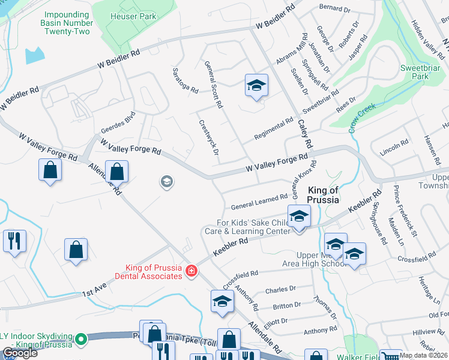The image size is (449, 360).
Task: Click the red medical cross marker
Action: pyautogui.click(x=191, y=272)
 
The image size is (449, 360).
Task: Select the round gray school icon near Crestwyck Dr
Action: pyautogui.click(x=167, y=181)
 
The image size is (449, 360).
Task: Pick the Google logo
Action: pyautogui.click(x=19, y=353)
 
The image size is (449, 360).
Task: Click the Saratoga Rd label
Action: pyautogui.click(x=186, y=84)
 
